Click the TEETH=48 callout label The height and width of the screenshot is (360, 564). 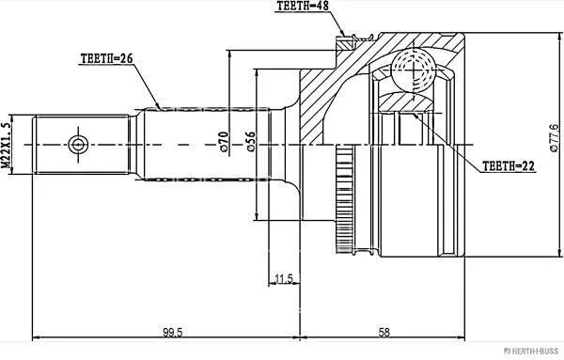pos(303,7)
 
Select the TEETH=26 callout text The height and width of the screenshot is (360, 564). pos(106,58)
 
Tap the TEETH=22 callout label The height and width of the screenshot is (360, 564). pos(509,165)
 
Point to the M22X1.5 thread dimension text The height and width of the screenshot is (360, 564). pos(6,145)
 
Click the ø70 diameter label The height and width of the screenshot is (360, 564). pos(224,141)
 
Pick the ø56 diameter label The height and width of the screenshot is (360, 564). pos(251,142)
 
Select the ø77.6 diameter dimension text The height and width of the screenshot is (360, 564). pos(555,138)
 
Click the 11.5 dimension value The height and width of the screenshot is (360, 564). pos(284,278)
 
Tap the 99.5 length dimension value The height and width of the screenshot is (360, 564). pos(173,333)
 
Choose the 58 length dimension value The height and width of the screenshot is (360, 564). pos(384,332)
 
